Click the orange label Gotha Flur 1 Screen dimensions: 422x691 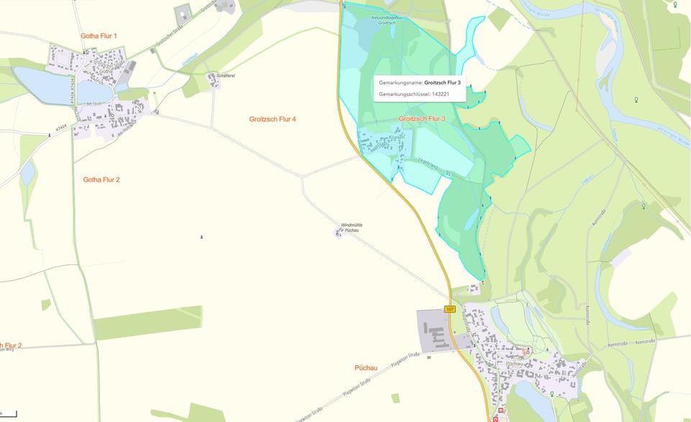pos(99,35)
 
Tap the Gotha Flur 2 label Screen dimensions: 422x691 pos(101,179)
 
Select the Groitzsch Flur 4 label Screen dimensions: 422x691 pos(272,119)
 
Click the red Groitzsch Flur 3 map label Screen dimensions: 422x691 pos(422,118)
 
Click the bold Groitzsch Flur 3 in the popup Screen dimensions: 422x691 pos(442,83)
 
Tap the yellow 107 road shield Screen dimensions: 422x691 pos(451,309)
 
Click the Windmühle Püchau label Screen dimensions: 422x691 pos(351,228)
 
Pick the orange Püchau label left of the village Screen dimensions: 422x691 pos(366,367)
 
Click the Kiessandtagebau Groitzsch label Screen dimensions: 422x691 pos(387,19)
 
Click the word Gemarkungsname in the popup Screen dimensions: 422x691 pos(400,83)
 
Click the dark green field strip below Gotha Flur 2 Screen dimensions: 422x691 pos(148,323)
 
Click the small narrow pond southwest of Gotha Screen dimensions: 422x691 pos(28,172)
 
